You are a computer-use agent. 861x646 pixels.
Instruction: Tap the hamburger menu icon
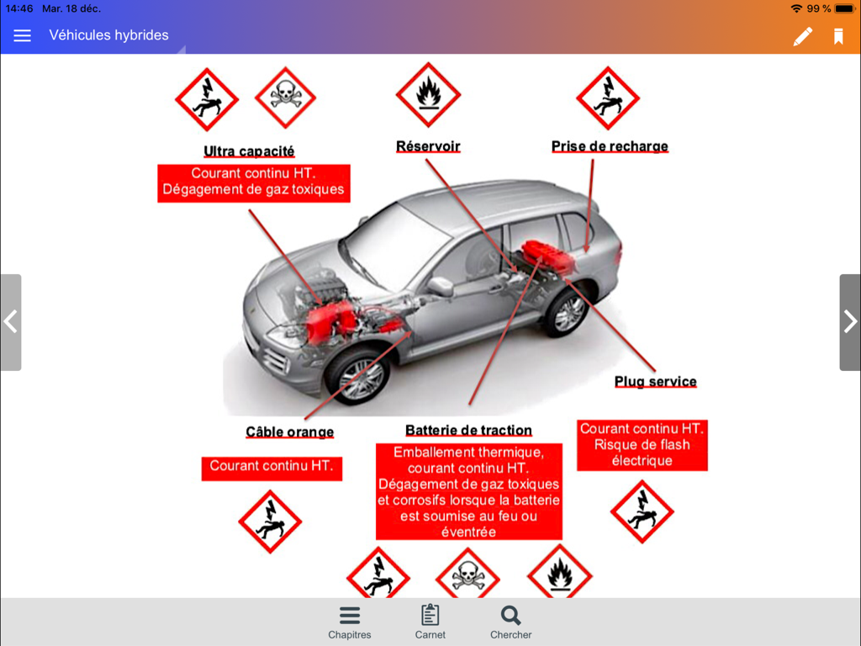pyautogui.click(x=22, y=35)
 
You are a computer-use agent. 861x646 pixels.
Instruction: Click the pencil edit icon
pyautogui.click(x=803, y=36)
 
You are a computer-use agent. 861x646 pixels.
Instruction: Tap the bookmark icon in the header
pyautogui.click(x=838, y=36)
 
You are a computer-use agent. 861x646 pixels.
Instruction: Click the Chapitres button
pyautogui.click(x=350, y=622)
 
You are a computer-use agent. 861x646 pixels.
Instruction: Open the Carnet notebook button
pyautogui.click(x=430, y=622)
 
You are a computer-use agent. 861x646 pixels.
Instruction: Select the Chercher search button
pyautogui.click(x=510, y=622)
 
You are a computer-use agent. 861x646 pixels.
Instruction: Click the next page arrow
pyautogui.click(x=850, y=322)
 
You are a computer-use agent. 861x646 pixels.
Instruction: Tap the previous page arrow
pyautogui.click(x=11, y=322)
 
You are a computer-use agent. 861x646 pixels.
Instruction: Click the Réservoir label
pyautogui.click(x=428, y=146)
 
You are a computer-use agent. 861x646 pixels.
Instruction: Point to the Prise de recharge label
pyautogui.click(x=610, y=146)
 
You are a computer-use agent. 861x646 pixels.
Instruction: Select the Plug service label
pyautogui.click(x=655, y=381)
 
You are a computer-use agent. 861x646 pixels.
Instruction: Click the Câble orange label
pyautogui.click(x=289, y=432)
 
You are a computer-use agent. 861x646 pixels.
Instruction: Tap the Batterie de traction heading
pyautogui.click(x=468, y=431)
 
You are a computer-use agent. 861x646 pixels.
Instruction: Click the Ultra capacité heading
pyautogui.click(x=249, y=151)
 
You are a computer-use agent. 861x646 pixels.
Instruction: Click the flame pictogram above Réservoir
pyautogui.click(x=428, y=94)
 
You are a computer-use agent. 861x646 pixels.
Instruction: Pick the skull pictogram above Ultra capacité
pyautogui.click(x=285, y=98)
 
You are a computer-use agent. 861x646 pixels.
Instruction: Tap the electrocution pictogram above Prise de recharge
pyautogui.click(x=608, y=98)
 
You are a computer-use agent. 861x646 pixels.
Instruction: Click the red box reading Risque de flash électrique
pyautogui.click(x=642, y=444)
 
